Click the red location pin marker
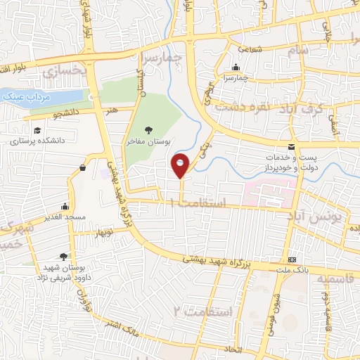coord(181,165)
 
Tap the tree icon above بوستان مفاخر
coord(148,129)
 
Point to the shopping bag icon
coord(84,167)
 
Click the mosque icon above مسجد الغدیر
coord(65,206)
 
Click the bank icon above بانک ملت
coord(292,259)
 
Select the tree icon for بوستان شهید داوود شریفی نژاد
coord(63,257)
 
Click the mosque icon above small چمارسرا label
coord(237,68)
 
